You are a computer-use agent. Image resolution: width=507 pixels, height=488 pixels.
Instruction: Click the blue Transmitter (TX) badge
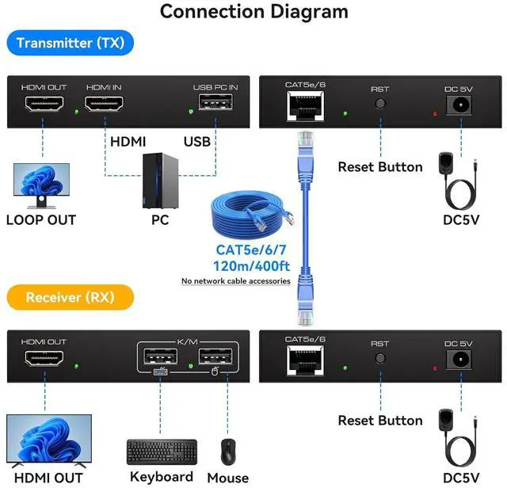(x=71, y=43)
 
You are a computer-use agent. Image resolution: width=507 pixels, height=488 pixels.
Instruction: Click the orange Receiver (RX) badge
(x=70, y=298)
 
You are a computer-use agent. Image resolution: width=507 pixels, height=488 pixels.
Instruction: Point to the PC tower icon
(x=158, y=181)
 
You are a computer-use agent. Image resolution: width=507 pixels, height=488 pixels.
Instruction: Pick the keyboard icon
(x=162, y=452)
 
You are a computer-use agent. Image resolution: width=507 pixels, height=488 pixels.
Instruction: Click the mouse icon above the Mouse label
(x=228, y=452)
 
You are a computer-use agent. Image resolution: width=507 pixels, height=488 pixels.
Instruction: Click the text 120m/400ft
(x=235, y=266)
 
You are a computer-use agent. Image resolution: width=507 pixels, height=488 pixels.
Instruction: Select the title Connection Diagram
(x=253, y=12)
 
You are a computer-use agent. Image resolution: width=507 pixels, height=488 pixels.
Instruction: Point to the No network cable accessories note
(x=235, y=281)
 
